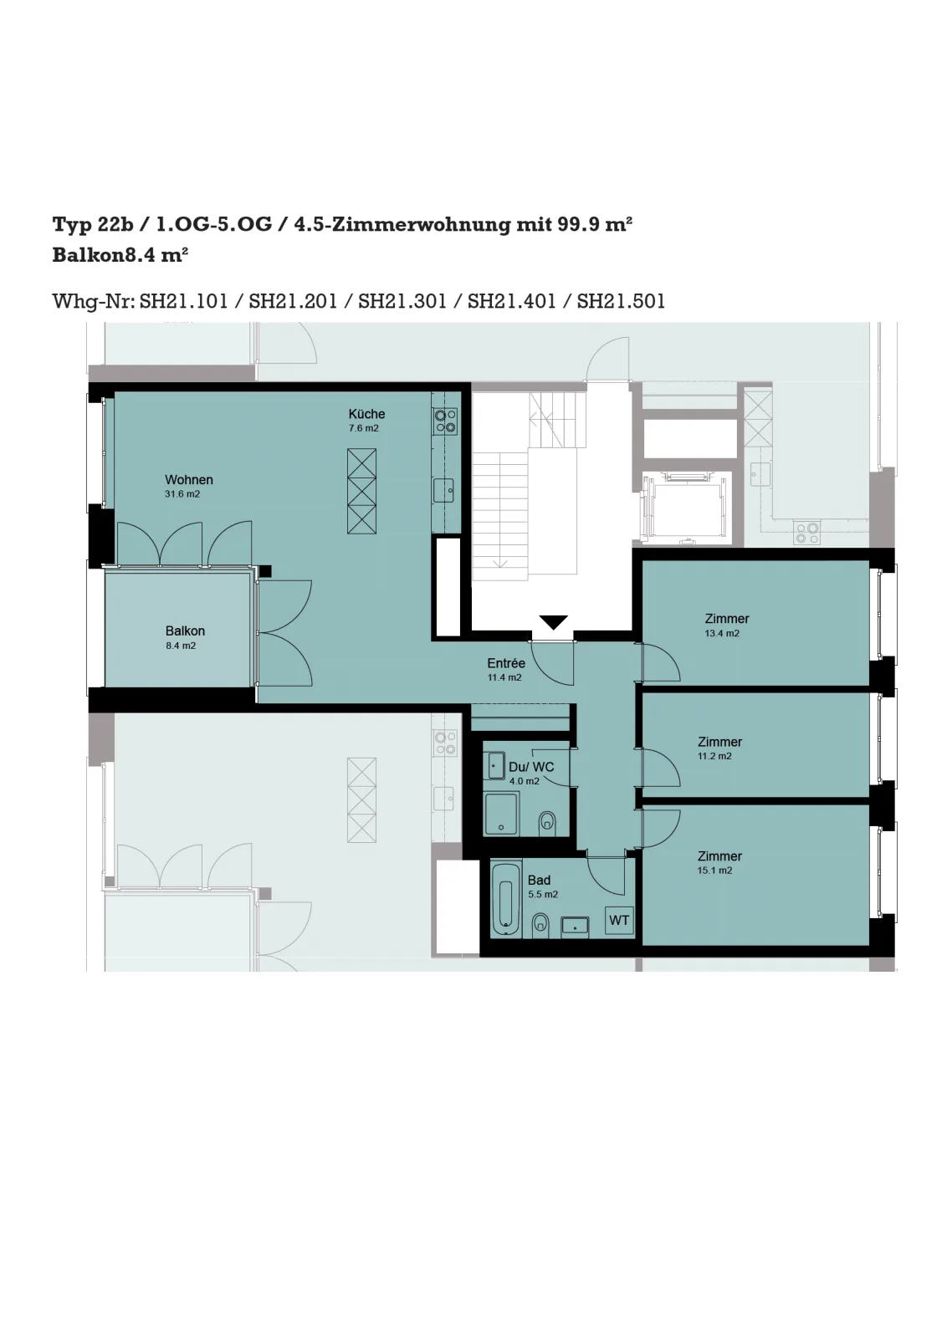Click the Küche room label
coord(366,414)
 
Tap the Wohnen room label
coord(189,480)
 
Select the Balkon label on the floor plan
coord(185,631)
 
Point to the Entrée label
coord(506,663)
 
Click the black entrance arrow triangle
coord(553,622)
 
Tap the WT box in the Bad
coord(619,921)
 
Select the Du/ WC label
coord(531,767)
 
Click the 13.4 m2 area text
coord(722,633)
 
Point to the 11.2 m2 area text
coord(714,756)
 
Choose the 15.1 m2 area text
coord(714,871)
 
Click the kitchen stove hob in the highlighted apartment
coord(445,421)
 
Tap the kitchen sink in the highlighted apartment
coord(443,491)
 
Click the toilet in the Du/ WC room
coord(547,824)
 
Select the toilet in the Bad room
coord(540,923)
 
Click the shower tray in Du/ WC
coord(500,814)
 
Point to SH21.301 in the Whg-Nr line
coord(402,301)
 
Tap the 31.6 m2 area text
coord(182,494)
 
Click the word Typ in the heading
coord(72,225)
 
